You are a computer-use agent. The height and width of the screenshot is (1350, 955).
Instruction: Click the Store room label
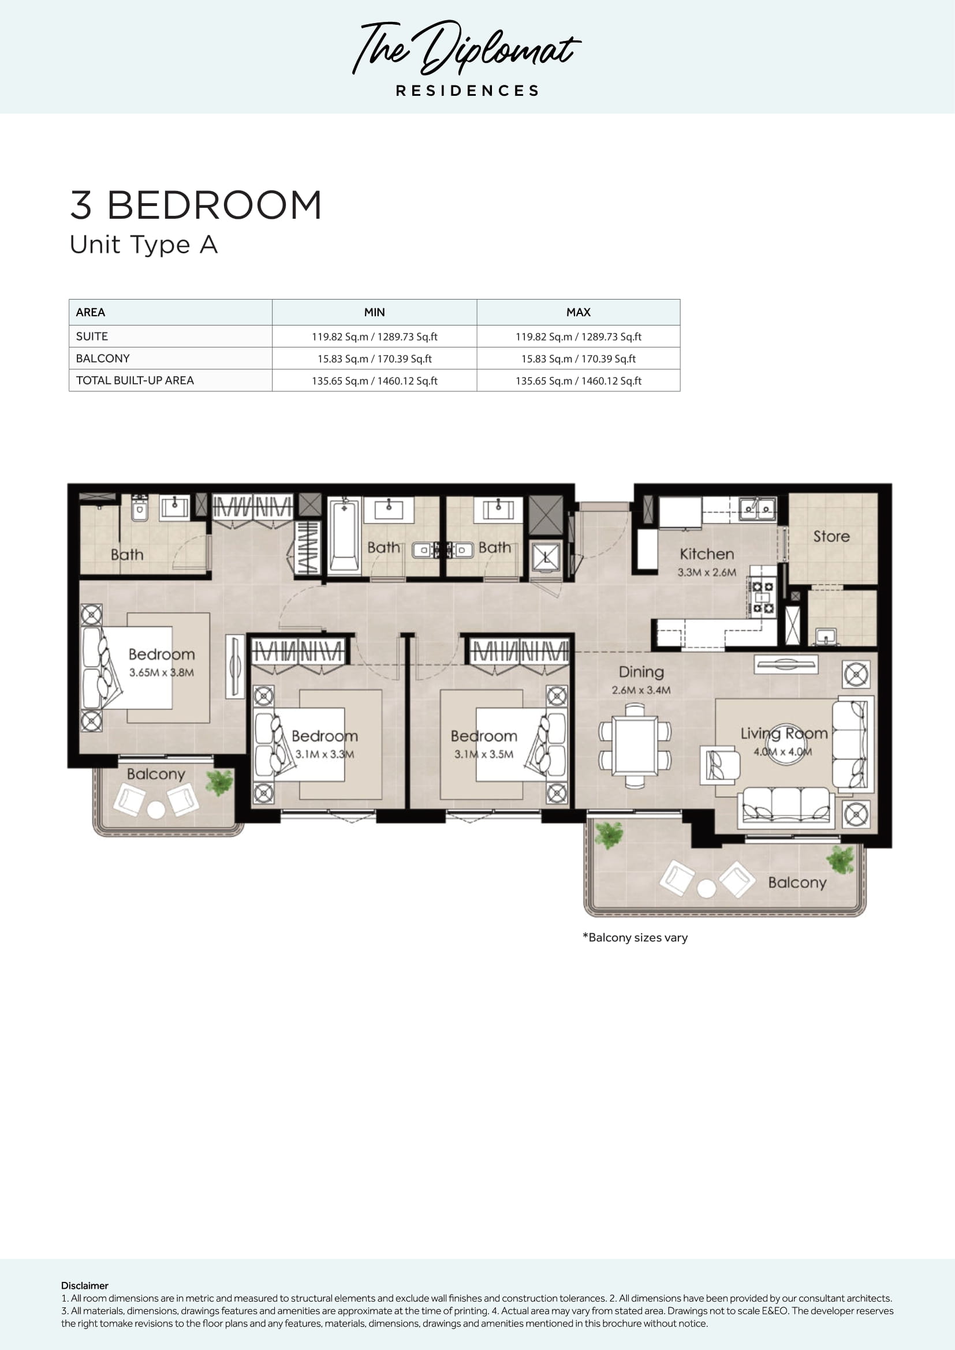831,536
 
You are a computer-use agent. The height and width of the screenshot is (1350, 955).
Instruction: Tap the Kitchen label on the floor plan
707,554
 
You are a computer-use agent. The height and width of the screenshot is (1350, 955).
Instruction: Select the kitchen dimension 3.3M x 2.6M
707,572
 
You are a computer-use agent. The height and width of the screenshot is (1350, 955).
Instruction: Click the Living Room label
784,733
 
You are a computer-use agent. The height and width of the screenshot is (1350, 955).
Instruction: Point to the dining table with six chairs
635,746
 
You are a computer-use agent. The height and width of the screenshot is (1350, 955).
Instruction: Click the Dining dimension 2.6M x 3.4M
641,690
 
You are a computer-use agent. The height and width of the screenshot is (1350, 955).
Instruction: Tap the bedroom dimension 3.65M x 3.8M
162,672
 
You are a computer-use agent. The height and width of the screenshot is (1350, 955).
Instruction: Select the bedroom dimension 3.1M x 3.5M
483,754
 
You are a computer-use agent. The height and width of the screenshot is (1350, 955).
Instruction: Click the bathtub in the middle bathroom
344,535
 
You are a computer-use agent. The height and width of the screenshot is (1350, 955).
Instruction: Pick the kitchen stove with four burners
763,597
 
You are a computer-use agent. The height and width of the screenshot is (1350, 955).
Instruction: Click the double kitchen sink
758,508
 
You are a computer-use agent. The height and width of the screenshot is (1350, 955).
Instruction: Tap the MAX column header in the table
578,312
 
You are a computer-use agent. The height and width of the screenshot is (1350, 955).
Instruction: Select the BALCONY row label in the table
103,358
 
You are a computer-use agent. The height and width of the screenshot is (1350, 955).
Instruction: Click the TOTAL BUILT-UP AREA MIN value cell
375,380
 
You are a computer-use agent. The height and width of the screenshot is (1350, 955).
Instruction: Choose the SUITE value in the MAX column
578,336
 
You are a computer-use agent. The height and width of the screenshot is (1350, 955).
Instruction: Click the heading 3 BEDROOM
196,205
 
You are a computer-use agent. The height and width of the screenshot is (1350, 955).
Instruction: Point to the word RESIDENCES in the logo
468,91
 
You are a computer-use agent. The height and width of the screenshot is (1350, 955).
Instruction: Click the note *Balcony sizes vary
635,937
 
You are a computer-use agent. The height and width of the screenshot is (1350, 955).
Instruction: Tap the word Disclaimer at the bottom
85,1285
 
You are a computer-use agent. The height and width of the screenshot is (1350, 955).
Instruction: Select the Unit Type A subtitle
144,245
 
